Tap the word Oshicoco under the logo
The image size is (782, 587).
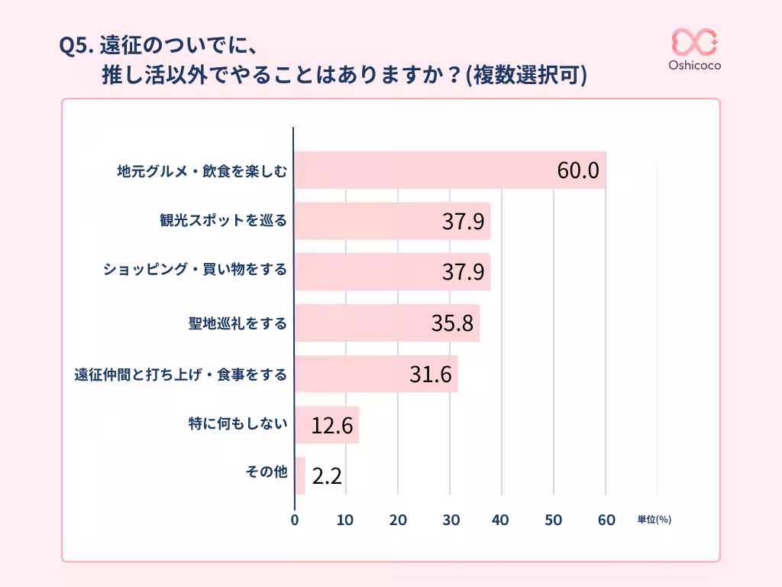[694, 66]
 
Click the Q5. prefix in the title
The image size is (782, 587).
[76, 47]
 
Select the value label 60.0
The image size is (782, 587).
[577, 170]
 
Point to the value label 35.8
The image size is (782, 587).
[453, 323]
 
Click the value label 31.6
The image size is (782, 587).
[431, 375]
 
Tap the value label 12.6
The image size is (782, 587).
[332, 426]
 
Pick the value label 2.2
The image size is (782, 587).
[327, 477]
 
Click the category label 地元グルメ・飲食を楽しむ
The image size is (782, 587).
[202, 171]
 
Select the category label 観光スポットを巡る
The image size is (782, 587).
[223, 222]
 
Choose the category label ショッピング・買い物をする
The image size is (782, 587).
[195, 272]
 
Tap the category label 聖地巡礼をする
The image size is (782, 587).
[238, 323]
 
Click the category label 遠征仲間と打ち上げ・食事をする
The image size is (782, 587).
[180, 375]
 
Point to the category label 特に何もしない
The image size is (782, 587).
[238, 425]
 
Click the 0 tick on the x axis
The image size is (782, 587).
[295, 521]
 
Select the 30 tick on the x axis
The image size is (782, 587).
[450, 521]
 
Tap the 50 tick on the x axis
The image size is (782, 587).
[554, 521]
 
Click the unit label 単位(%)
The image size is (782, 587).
[654, 520]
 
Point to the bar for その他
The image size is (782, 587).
[299, 476]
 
